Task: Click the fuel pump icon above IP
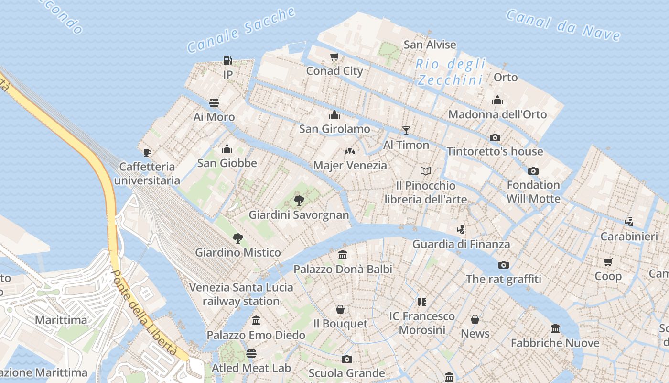point(228,61)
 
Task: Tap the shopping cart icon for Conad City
point(334,57)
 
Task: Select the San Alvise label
point(430,45)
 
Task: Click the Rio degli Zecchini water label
point(450,72)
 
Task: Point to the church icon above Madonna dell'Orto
point(497,100)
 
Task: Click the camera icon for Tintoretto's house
point(495,137)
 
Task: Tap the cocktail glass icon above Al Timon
point(406,130)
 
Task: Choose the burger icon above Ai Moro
point(214,103)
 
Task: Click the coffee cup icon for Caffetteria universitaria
point(147,153)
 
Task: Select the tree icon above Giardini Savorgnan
point(299,201)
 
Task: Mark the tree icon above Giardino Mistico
point(237,238)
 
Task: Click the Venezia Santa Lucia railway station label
point(241,294)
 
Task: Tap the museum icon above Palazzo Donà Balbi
point(343,255)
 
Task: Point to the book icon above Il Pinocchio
point(426,171)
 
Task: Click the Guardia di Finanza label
point(461,244)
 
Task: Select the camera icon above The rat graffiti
point(503,265)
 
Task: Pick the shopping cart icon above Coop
point(608,262)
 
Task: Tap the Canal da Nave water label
point(563,25)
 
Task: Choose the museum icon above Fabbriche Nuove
point(555,329)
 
